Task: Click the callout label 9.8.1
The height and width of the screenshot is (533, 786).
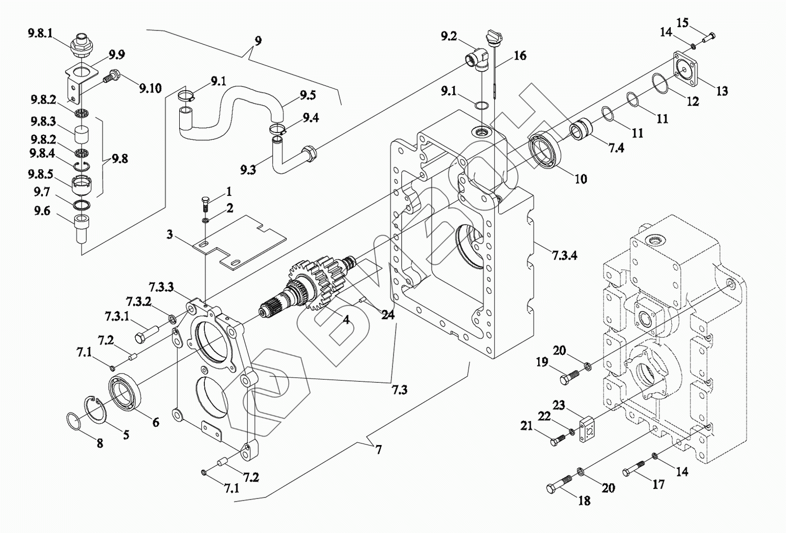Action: coord(40,34)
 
